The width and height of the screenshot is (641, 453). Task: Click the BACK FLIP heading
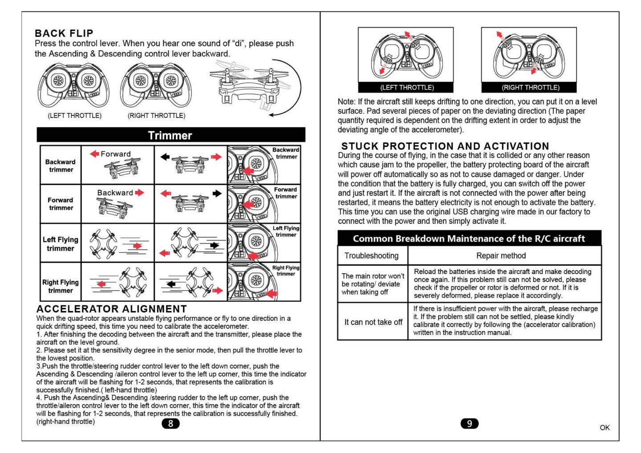pos(64,33)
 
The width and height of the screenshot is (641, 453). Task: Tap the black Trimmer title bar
pos(170,135)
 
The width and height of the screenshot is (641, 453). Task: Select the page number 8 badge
pos(170,424)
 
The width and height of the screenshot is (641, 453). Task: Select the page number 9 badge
pos(469,424)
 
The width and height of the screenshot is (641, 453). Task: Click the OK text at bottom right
pos(604,428)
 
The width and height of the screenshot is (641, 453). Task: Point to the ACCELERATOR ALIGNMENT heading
pos(111,309)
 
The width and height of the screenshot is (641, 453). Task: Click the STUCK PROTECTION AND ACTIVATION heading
pos(445,146)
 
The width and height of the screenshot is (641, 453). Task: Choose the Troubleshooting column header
pos(372,255)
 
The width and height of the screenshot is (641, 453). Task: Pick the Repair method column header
pos(501,255)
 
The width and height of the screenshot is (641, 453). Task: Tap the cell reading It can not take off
pos(373,322)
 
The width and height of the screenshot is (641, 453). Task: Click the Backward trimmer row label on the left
pos(61,166)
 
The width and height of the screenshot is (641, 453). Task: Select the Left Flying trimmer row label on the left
pos(61,244)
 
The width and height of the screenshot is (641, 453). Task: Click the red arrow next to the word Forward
pos(94,154)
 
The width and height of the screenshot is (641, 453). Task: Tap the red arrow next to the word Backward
pos(139,193)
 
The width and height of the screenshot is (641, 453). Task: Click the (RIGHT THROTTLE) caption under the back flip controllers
pos(156,116)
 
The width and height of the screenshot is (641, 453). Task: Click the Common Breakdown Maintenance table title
pos(469,239)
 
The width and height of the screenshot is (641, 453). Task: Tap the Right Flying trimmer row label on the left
pos(61,286)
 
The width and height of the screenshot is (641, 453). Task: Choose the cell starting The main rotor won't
pos(373,284)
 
